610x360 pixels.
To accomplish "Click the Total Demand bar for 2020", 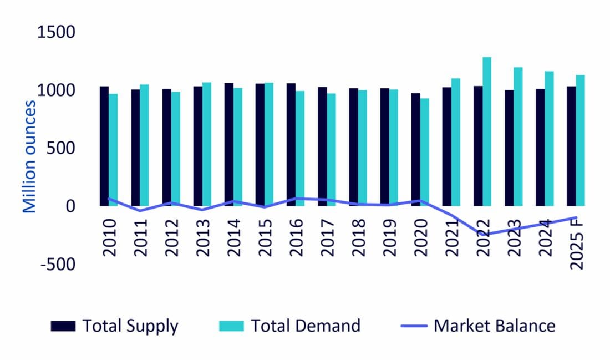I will click(x=424, y=152).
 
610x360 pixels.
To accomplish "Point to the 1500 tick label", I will click(x=55, y=33).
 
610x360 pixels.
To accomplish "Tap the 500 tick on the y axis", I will click(x=62, y=148).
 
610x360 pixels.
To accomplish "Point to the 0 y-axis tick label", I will click(x=70, y=206).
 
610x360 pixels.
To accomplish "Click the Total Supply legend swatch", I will click(x=63, y=326).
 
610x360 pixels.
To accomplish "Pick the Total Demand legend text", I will click(x=306, y=326).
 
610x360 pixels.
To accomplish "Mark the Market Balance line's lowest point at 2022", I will click(x=485, y=235).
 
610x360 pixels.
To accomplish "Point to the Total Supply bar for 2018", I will click(x=353, y=147).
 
